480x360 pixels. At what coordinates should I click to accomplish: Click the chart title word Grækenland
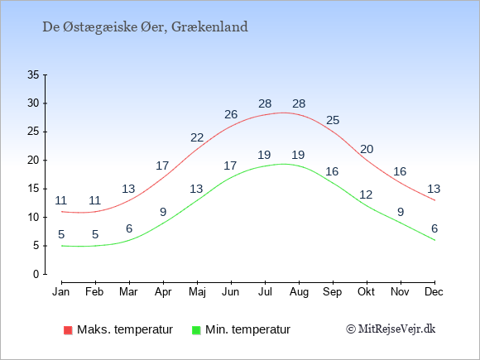[x=209, y=27]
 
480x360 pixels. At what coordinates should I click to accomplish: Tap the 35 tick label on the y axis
[x=33, y=74]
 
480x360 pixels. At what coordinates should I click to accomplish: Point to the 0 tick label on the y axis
[x=36, y=274]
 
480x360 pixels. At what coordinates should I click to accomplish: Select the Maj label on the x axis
[x=197, y=292]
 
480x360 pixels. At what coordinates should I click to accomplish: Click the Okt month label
[x=366, y=291]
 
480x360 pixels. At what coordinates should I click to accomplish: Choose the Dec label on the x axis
[x=434, y=291]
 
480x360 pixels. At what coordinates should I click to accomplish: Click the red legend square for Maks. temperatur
[x=68, y=330]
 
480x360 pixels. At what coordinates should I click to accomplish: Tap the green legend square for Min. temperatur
[x=196, y=330]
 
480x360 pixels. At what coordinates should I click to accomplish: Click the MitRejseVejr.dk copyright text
[x=391, y=329]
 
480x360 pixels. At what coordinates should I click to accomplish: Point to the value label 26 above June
[x=231, y=114]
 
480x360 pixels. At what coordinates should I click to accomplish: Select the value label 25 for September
[x=333, y=120]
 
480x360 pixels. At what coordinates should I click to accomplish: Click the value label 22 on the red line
[x=197, y=137]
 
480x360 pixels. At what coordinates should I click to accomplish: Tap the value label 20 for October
[x=367, y=150]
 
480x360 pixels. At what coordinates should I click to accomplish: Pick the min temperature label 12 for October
[x=366, y=194]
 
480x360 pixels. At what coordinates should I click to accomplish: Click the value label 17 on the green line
[x=230, y=166]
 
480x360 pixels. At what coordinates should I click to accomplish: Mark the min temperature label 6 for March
[x=129, y=228]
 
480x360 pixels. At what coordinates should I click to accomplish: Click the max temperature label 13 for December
[x=434, y=189]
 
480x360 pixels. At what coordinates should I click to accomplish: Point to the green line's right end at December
[x=434, y=240]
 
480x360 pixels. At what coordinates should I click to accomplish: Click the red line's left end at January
[x=62, y=212]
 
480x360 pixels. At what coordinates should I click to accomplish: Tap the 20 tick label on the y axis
[x=33, y=160]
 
